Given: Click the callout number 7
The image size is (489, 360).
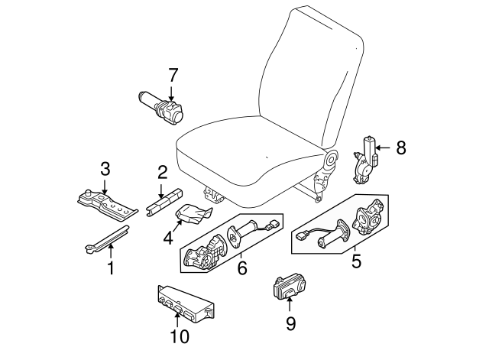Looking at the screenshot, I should pos(173,75).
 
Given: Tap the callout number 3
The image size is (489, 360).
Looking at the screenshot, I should pos(105,169).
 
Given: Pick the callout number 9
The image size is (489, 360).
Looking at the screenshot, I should pos(290,323).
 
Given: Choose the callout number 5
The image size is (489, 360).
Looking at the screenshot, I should pos(355,261).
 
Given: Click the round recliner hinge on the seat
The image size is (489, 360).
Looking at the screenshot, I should pos(331,160).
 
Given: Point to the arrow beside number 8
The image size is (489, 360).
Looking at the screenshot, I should pos(384,147).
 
